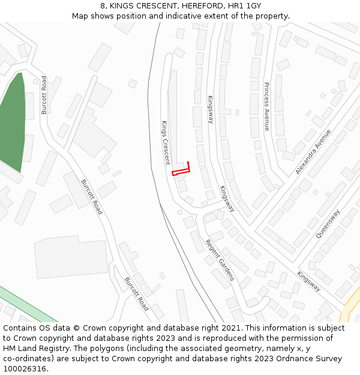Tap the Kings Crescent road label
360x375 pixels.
tap(166, 142)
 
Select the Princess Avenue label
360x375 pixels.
tap(266, 106)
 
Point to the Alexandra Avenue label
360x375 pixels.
tap(313, 152)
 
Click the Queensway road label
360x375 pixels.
tap(328, 224)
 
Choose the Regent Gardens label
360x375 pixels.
tap(220, 263)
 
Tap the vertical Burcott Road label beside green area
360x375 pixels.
tap(44, 95)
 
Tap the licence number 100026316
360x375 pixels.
tap(26, 369)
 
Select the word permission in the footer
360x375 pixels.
tap(290, 338)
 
